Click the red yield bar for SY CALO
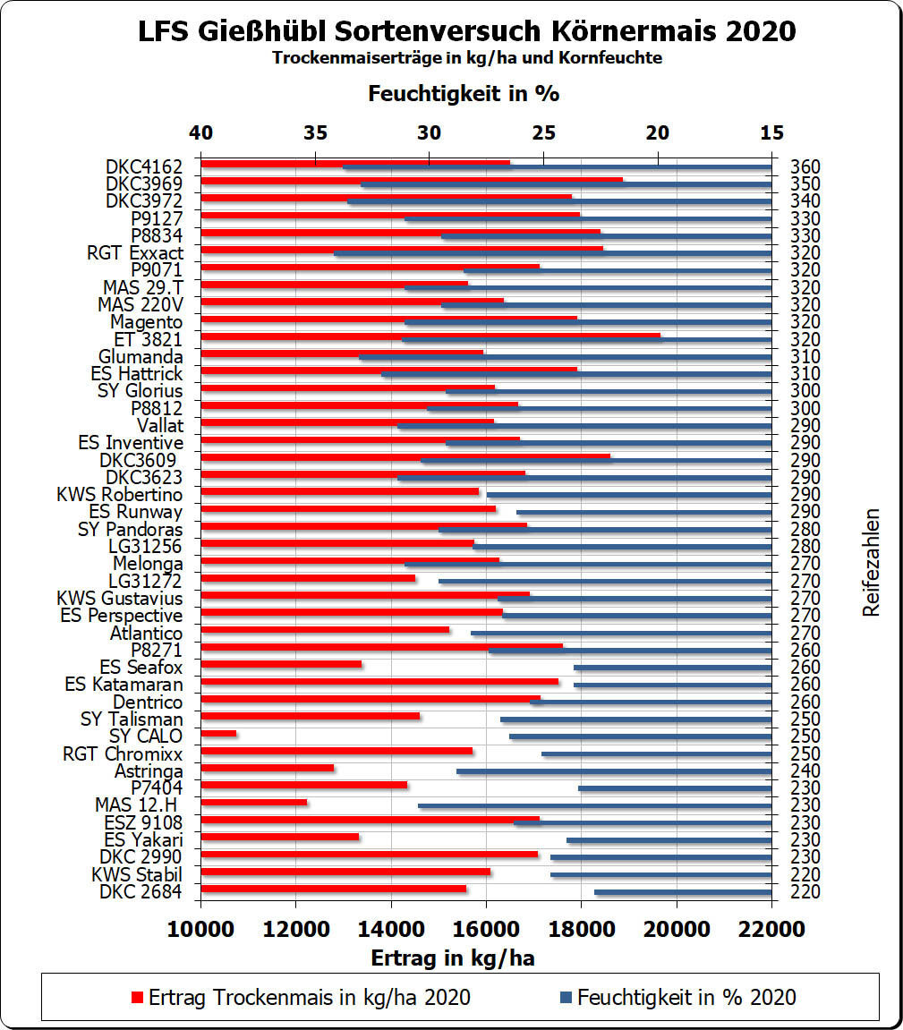pyautogui.click(x=218, y=733)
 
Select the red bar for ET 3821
pyautogui.click(x=430, y=336)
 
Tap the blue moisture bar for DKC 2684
pyautogui.click(x=682, y=892)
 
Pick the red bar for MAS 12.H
pyautogui.click(x=253, y=802)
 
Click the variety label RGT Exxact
pyautogui.click(x=135, y=253)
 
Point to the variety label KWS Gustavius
pyautogui.click(x=120, y=598)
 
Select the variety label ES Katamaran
pyautogui.click(x=124, y=685)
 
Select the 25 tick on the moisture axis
pyautogui.click(x=543, y=132)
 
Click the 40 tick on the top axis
pyautogui.click(x=201, y=132)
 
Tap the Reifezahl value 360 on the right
pyautogui.click(x=805, y=167)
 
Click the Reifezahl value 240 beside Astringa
pyautogui.click(x=805, y=770)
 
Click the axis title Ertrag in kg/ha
pyautogui.click(x=453, y=958)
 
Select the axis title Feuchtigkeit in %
pyautogui.click(x=464, y=93)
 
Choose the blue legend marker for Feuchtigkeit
pyautogui.click(x=566, y=997)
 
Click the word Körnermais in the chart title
pyautogui.click(x=632, y=31)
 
